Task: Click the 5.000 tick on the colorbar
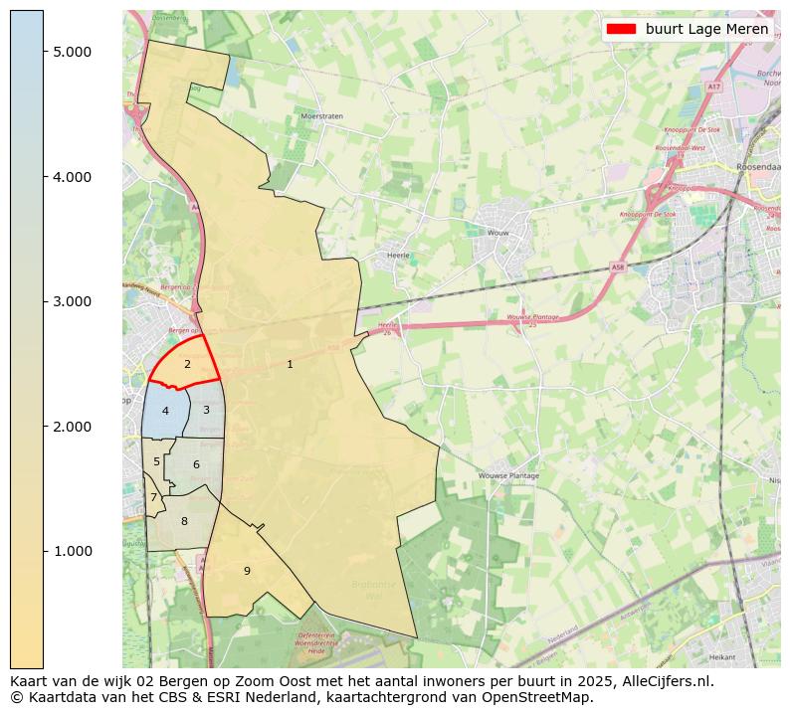click(75, 52)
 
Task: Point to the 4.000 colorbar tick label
click(75, 177)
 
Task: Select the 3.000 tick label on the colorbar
click(75, 301)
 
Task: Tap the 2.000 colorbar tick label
click(75, 427)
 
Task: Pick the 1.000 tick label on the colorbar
click(75, 551)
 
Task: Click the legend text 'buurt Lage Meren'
click(706, 29)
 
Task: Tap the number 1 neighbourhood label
click(290, 364)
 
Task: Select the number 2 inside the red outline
click(187, 364)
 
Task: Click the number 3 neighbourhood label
click(206, 410)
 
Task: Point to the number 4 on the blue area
click(165, 411)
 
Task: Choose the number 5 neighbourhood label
click(156, 461)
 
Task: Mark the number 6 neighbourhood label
click(196, 464)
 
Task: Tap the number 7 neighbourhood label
click(153, 497)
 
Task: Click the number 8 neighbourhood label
click(184, 521)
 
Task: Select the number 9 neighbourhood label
click(247, 571)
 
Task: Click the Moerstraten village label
click(321, 116)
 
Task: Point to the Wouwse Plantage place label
click(508, 476)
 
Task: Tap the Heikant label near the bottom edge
click(721, 657)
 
